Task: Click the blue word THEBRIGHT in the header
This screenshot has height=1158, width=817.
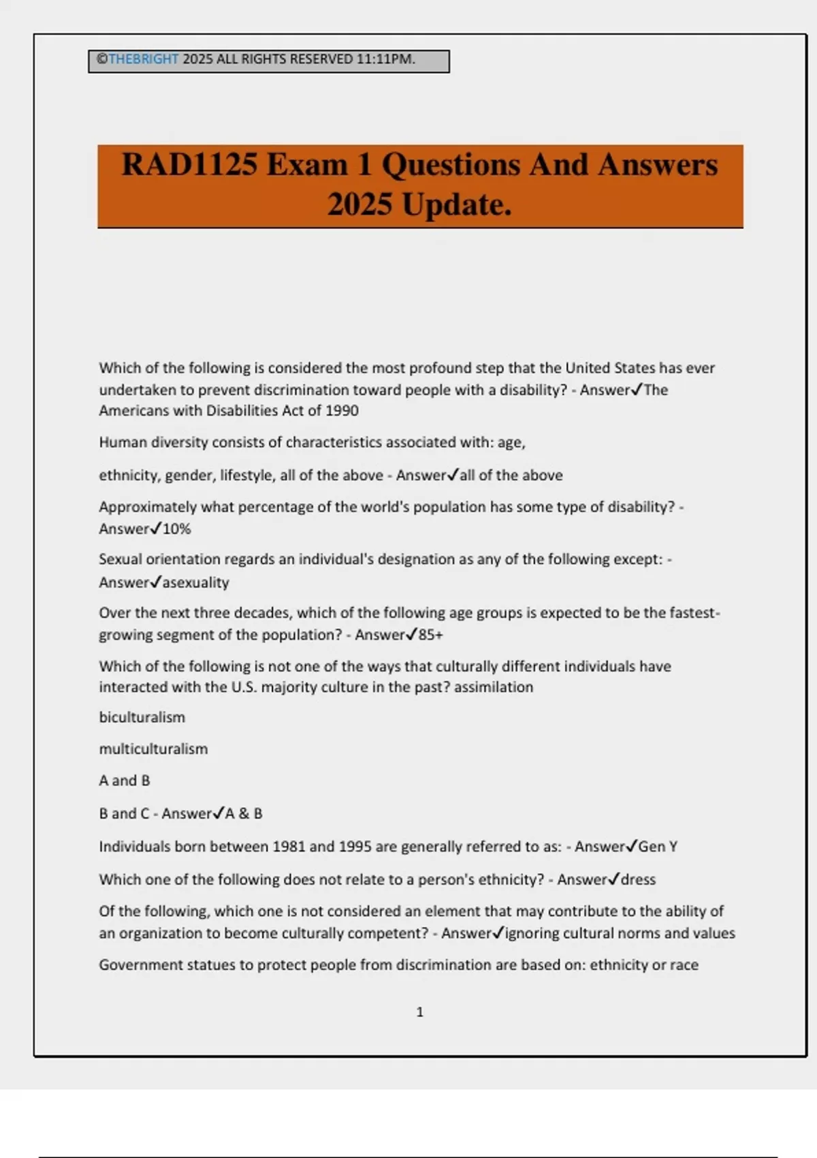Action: (144, 59)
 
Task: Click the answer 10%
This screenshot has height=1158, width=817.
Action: (177, 529)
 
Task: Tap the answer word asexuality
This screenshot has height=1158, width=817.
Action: (196, 582)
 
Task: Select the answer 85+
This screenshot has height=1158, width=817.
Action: (430, 635)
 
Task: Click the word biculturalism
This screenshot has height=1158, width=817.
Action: (142, 717)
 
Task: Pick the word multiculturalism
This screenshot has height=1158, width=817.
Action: (153, 749)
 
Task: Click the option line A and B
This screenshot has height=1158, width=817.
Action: (125, 781)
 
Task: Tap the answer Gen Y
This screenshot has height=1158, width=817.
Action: (658, 847)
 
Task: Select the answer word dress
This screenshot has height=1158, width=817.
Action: (639, 879)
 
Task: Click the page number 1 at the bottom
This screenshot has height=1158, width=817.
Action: (419, 1012)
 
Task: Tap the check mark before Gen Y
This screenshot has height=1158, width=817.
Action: (631, 846)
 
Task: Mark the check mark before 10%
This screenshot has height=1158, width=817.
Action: (156, 528)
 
